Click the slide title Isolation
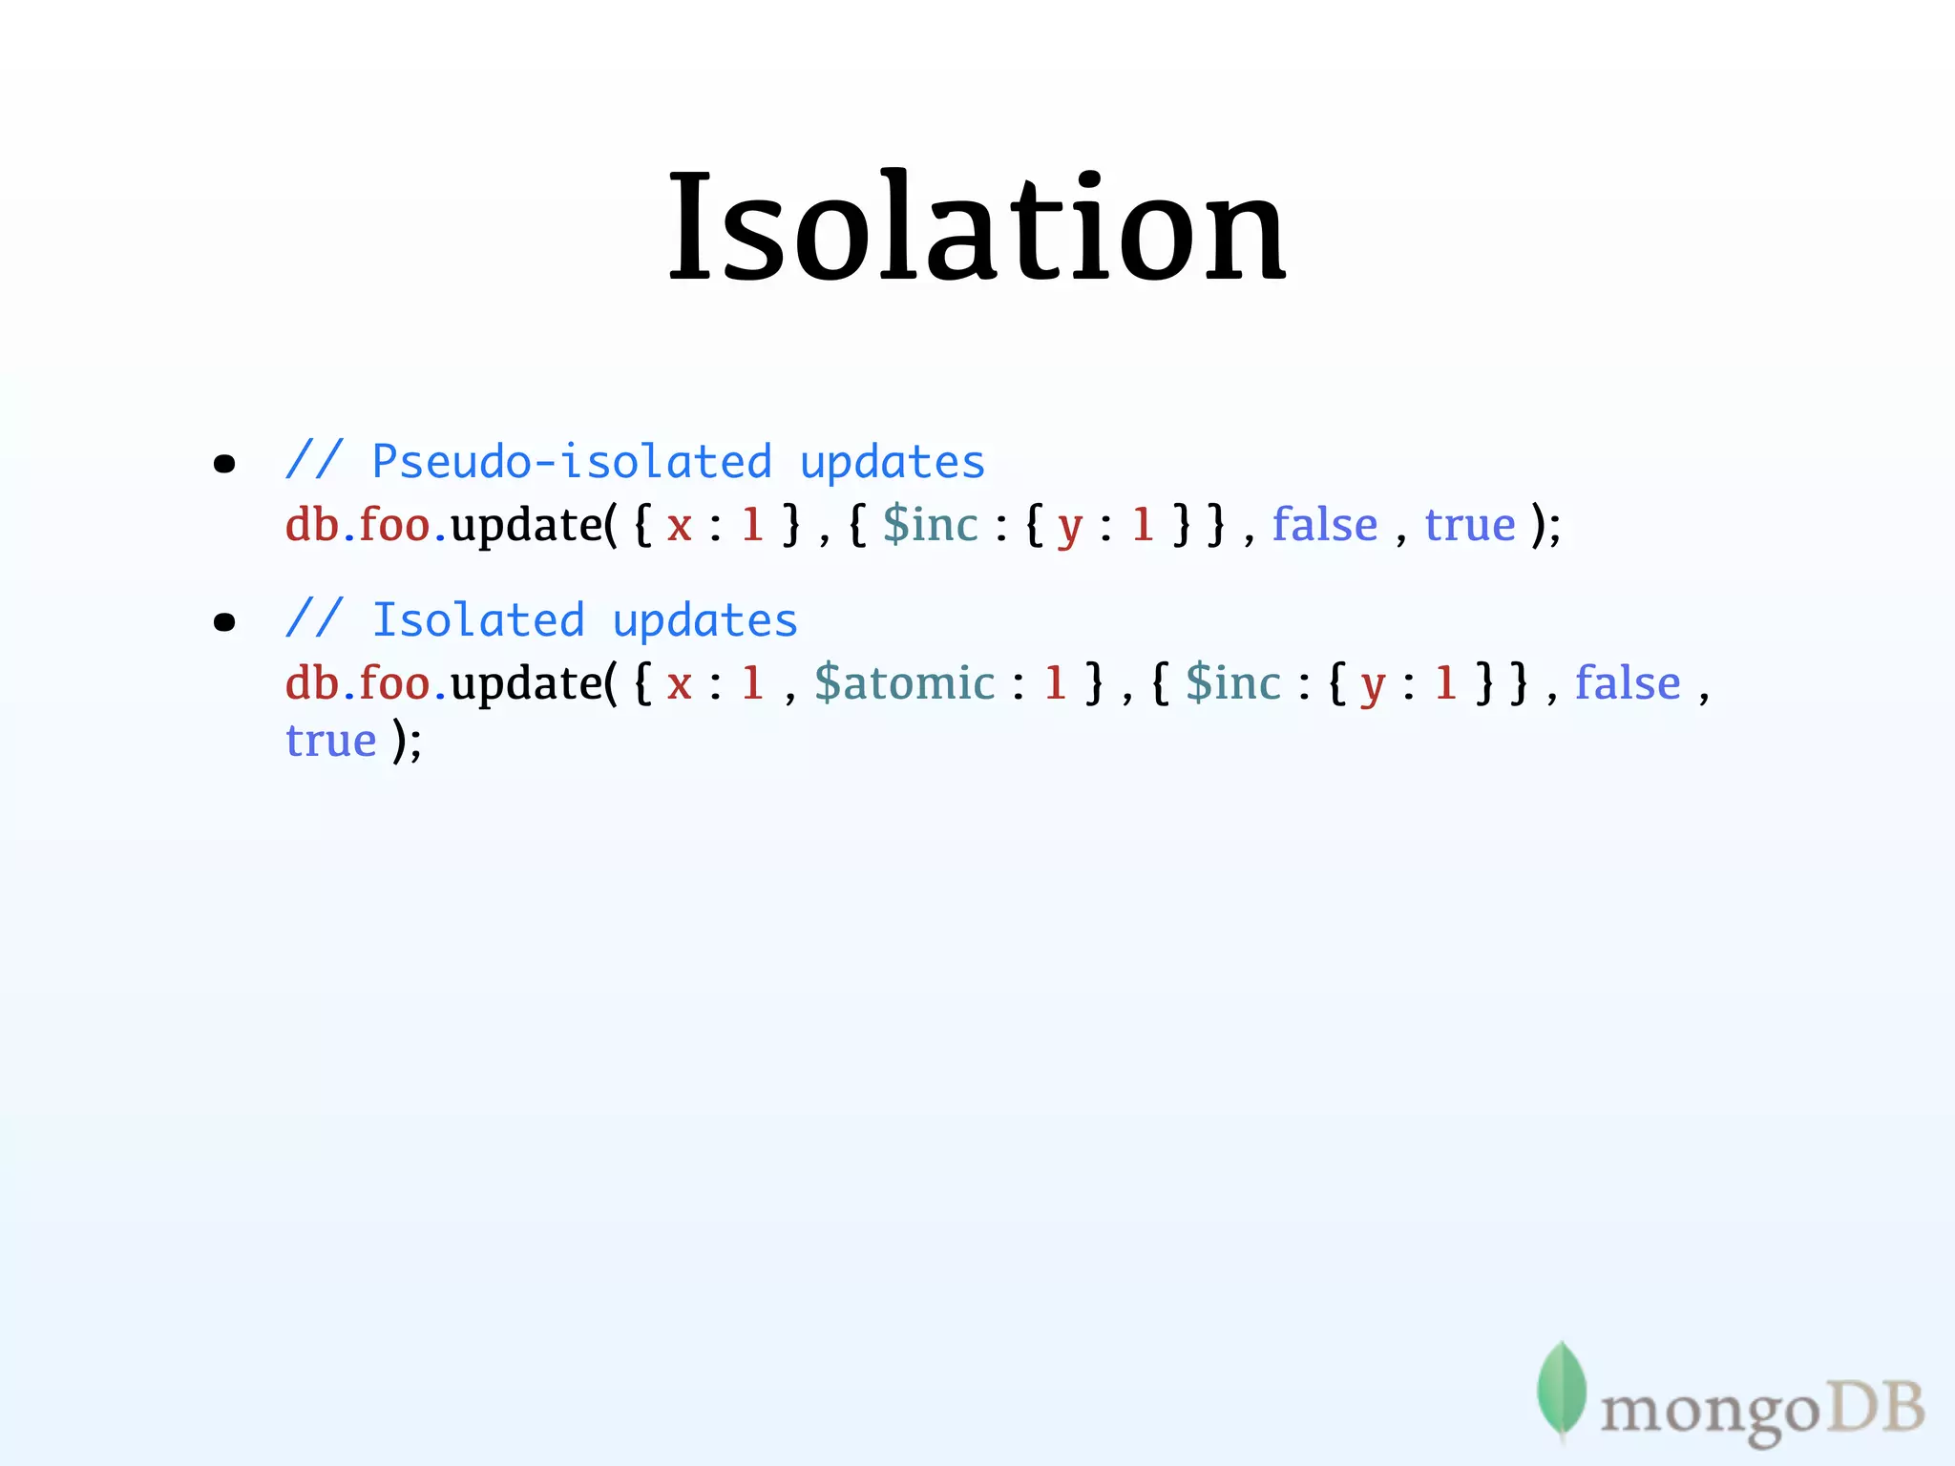tap(977, 227)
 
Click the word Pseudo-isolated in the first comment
tap(571, 462)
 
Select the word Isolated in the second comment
tap(477, 620)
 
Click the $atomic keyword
tap(904, 683)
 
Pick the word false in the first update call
tap(1325, 524)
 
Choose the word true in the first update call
tap(1470, 525)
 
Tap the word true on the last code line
tap(331, 741)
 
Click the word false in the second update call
tap(1628, 683)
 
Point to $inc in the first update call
tap(931, 525)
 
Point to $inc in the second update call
tap(1233, 683)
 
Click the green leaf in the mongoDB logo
tap(1561, 1389)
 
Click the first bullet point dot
tap(224, 465)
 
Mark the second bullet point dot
tap(224, 623)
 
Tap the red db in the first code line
tap(312, 525)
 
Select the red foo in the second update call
tap(394, 683)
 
